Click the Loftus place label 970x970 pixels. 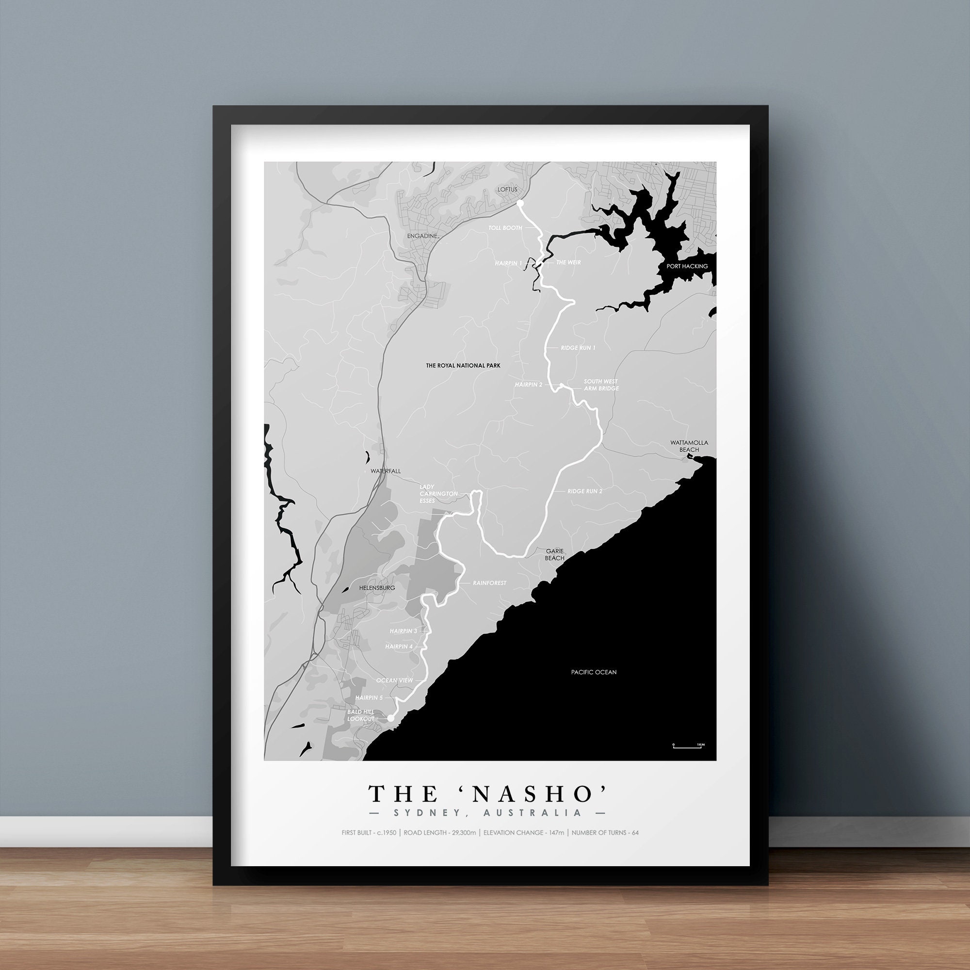coord(507,189)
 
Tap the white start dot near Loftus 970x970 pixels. coord(520,203)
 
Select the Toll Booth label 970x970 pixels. coord(505,228)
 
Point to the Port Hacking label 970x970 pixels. coord(687,266)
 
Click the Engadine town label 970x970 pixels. coord(422,236)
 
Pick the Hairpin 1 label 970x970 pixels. coord(508,263)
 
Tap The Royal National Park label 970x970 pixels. coord(463,366)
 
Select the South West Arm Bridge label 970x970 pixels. coord(601,385)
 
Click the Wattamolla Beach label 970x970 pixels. coord(689,446)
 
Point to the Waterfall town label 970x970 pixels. coord(386,471)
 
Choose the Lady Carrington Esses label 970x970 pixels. coord(438,494)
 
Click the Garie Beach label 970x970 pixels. coord(555,554)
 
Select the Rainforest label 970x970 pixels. coord(489,583)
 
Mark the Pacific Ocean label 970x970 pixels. coord(594,672)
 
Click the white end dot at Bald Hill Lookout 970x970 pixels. coord(390,718)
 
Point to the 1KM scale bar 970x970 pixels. coord(687,760)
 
